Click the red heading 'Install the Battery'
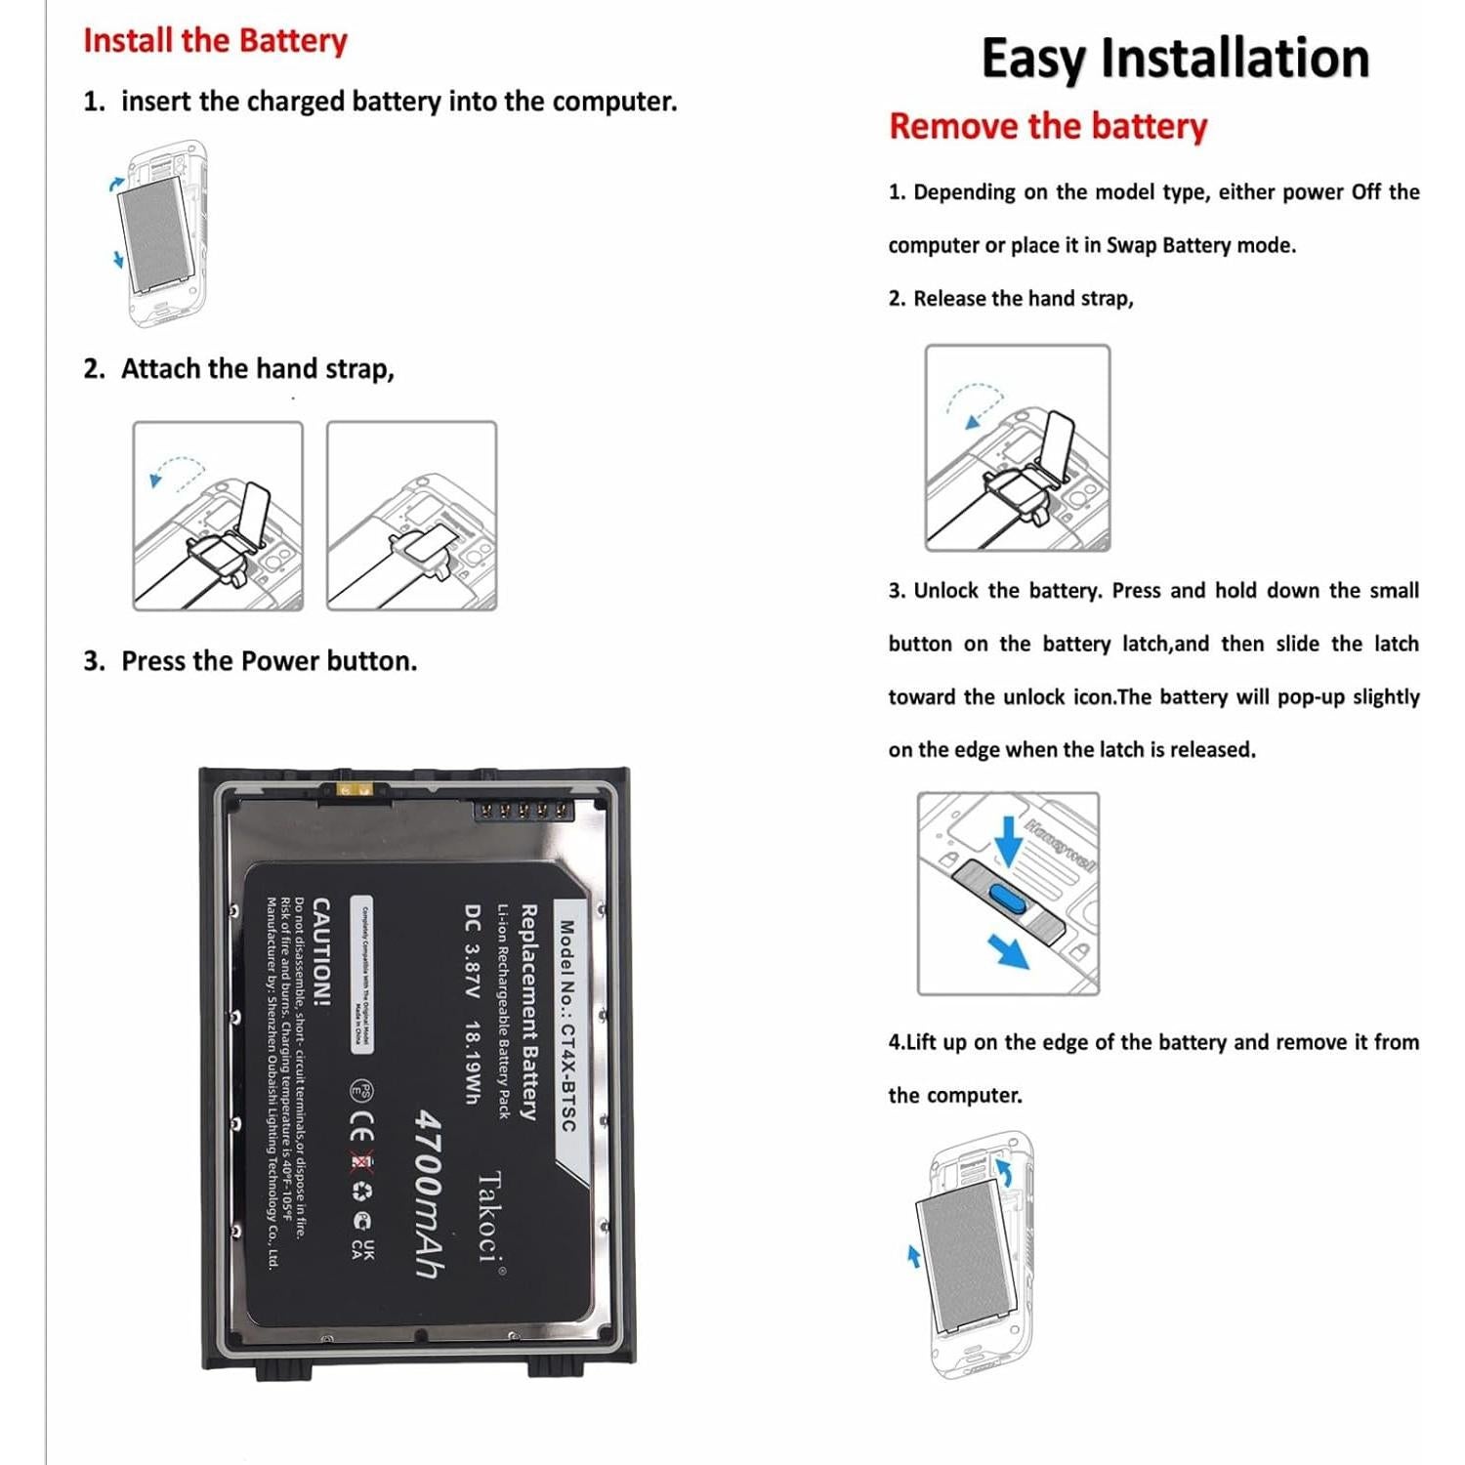pos(215,41)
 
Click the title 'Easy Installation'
pos(1175,59)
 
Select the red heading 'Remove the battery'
pos(1048,127)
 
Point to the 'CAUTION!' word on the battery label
pos(320,952)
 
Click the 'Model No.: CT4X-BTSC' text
pos(567,1025)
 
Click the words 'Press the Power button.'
pos(269,661)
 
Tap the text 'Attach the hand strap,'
pos(258,369)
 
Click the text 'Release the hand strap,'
pos(1024,299)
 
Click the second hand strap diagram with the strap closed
pos(411,516)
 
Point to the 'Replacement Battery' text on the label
pos(528,1011)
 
